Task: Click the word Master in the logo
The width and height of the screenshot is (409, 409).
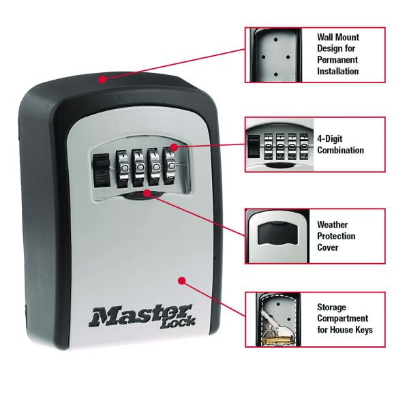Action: point(121,316)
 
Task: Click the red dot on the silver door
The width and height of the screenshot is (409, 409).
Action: point(181,280)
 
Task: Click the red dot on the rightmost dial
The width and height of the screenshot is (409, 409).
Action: point(175,147)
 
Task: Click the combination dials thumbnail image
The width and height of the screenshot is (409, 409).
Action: point(277,145)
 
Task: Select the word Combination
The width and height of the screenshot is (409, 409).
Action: point(340,150)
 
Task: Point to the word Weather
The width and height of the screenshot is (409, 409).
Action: point(333,224)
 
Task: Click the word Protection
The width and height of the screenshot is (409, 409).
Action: point(336,236)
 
